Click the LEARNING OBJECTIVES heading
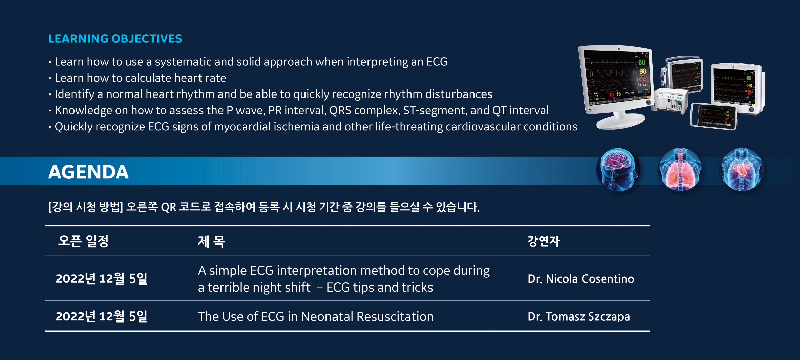pyautogui.click(x=115, y=39)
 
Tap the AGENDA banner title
pyautogui.click(x=88, y=172)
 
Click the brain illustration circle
pyautogui.click(x=618, y=169)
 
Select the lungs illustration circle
pyautogui.click(x=680, y=169)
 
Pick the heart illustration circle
pyautogui.click(x=742, y=169)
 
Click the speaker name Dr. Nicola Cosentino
pyautogui.click(x=581, y=279)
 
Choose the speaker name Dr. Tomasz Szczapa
pyautogui.click(x=578, y=316)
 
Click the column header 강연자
pyautogui.click(x=543, y=241)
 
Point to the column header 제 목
pyautogui.click(x=211, y=241)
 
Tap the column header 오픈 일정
pyautogui.click(x=83, y=241)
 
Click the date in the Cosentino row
pyautogui.click(x=101, y=279)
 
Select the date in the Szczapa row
pyautogui.click(x=101, y=316)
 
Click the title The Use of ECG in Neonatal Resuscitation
pyautogui.click(x=316, y=316)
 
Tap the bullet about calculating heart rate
pyautogui.click(x=140, y=78)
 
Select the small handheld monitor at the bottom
pyautogui.click(x=713, y=116)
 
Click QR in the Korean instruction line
pyautogui.click(x=168, y=207)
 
